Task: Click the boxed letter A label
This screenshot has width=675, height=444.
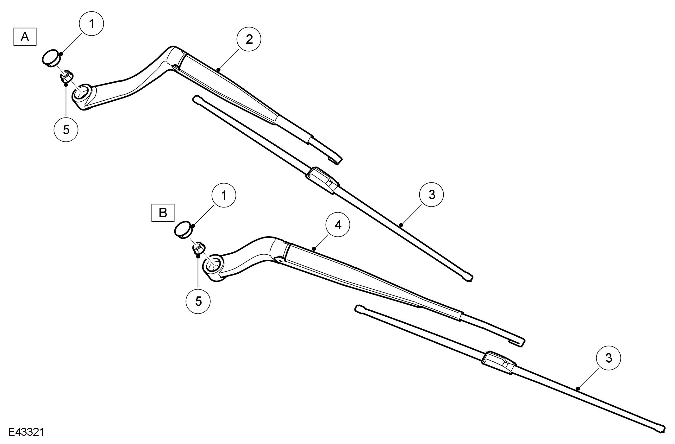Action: pyautogui.click(x=25, y=37)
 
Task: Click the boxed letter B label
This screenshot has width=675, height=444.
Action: pyautogui.click(x=163, y=212)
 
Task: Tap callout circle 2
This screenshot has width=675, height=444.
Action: pyautogui.click(x=249, y=40)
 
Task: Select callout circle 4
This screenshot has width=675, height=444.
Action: pyautogui.click(x=338, y=225)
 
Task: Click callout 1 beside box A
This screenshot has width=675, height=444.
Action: pyautogui.click(x=92, y=24)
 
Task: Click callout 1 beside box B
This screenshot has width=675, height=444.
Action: pyautogui.click(x=224, y=195)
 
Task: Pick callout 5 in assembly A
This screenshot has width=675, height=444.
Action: pyautogui.click(x=66, y=130)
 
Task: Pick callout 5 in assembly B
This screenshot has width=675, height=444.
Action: pyautogui.click(x=198, y=301)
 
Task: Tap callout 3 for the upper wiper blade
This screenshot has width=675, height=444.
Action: pyautogui.click(x=432, y=195)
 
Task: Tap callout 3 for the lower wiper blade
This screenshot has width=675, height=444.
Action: pyautogui.click(x=608, y=358)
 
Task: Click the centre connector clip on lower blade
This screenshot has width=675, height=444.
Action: pyautogui.click(x=497, y=362)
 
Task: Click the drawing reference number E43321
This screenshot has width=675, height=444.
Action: pyautogui.click(x=26, y=433)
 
